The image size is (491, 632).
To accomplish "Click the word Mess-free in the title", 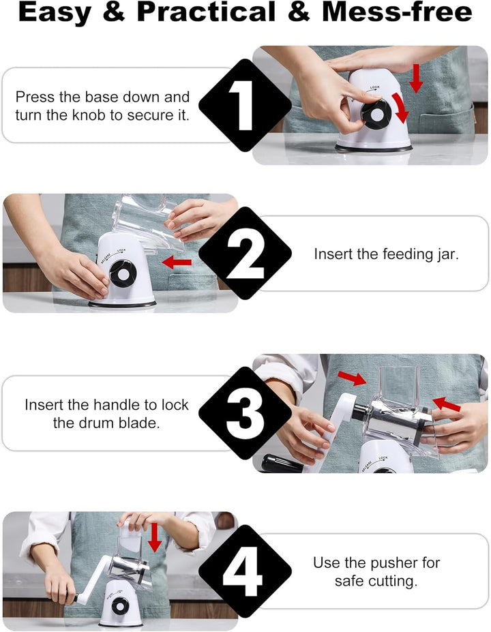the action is point(397,12).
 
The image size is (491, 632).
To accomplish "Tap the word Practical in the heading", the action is point(207,12).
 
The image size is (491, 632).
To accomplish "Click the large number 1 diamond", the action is point(245,105).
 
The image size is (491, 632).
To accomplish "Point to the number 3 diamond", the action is point(245,413).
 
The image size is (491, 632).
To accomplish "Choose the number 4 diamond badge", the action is point(245,571).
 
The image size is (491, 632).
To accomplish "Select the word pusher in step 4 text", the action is point(393,563).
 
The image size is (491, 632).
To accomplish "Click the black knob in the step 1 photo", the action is point(376,114).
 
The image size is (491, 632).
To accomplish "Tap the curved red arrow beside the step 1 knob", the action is point(400,108).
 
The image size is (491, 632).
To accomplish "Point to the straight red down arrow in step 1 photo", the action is point(415,78).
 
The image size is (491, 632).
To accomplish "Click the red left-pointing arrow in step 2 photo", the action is point(177,262).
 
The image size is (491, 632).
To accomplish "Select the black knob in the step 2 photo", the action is point(123,273).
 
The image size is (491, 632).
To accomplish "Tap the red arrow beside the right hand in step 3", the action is point(446,404).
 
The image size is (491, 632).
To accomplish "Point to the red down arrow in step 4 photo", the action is point(154,537).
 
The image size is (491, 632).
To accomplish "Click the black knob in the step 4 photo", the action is point(120,606).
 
